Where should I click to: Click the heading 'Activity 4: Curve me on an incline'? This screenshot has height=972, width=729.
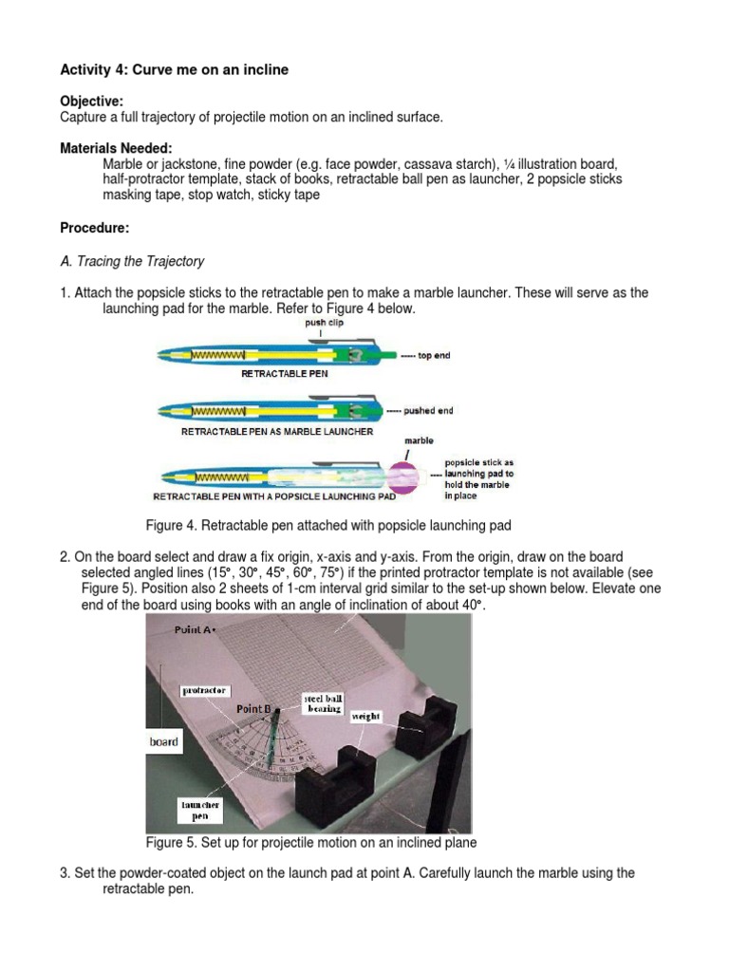tap(174, 69)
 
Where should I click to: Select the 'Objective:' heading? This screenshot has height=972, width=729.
tap(91, 101)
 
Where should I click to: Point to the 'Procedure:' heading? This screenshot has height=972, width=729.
tap(94, 228)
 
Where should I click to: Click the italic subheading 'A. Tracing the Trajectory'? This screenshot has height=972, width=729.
tap(132, 261)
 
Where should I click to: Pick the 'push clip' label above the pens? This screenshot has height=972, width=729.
tap(324, 323)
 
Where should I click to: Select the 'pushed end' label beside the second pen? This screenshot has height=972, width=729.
tap(429, 411)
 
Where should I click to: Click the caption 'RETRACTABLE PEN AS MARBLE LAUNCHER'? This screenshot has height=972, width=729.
tap(277, 431)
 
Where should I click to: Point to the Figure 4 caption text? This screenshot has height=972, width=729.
tap(328, 525)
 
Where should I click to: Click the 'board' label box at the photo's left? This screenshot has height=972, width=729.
tap(163, 741)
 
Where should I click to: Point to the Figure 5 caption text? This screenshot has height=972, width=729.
tap(310, 842)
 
